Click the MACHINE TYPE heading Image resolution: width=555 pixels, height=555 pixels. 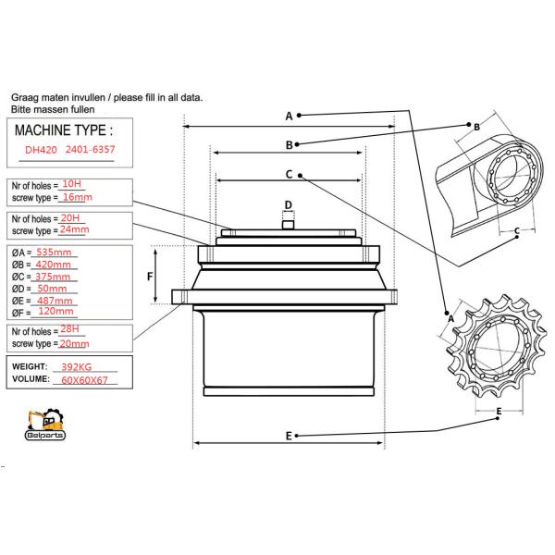[x=67, y=129]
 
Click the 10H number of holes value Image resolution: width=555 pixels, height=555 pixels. [x=71, y=184]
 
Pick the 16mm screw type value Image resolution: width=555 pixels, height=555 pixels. [x=75, y=197]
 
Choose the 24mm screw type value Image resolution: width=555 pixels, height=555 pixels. [x=73, y=229]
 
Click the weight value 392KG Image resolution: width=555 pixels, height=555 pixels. [x=78, y=366]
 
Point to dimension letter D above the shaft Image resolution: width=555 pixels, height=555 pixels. [x=288, y=204]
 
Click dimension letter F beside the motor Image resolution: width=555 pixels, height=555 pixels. [x=151, y=277]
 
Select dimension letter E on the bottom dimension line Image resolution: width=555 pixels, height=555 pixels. [x=290, y=436]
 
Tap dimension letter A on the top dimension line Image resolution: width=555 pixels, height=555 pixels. [x=289, y=117]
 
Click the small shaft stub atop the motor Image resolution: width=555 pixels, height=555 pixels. [x=288, y=222]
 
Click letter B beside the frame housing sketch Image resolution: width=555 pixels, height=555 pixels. [x=476, y=127]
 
